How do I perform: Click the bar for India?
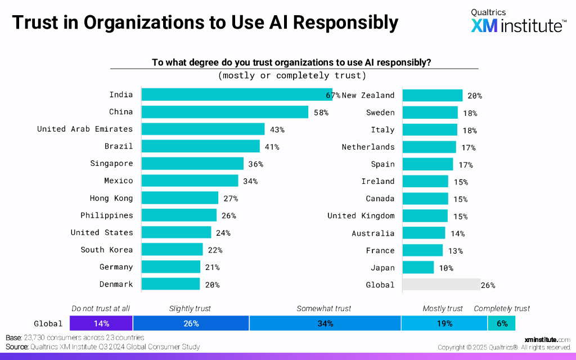coord(236,94)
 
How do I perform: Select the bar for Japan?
coord(418,267)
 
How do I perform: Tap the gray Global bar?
coord(441,285)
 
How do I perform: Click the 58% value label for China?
coord(321,112)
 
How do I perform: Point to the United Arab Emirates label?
coord(85,129)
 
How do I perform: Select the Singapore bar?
coord(192,164)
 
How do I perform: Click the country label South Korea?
coord(107,250)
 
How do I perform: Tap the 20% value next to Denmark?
coord(212,285)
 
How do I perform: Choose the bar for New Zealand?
coord(433,95)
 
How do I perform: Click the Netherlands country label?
coord(368,147)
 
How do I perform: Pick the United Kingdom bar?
coord(425,216)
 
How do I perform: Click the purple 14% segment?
coord(101,323)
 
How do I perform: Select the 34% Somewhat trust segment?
coord(325,323)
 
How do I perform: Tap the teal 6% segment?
coord(501,323)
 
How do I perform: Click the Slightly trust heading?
coord(190,308)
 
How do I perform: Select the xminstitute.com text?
coord(547,340)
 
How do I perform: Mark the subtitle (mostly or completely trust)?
coord(292,75)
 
